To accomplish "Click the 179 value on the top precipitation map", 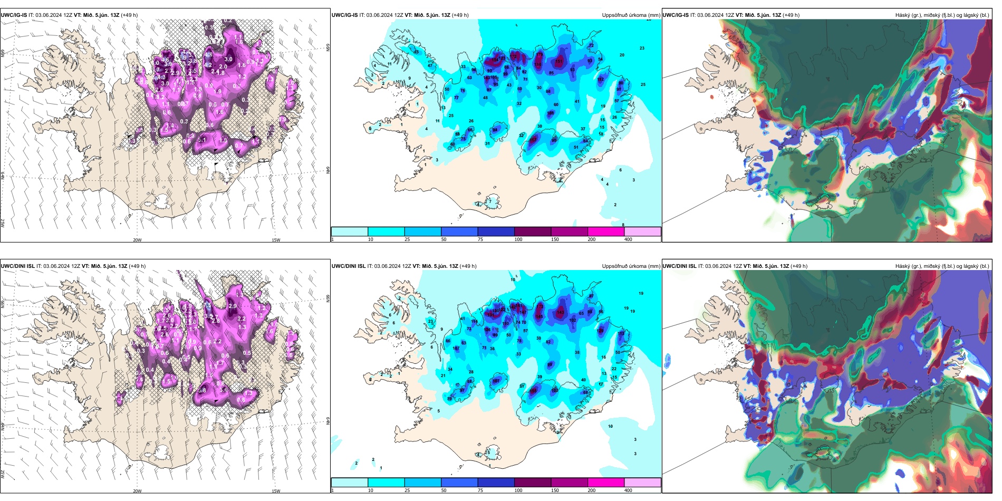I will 539,54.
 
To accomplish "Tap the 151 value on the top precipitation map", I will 559,62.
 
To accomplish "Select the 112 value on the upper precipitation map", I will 600,79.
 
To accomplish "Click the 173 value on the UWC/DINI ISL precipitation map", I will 539,306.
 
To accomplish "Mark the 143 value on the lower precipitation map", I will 560,312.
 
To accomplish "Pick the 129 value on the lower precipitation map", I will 600,331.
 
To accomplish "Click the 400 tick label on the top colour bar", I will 628,239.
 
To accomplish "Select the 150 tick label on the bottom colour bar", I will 555,490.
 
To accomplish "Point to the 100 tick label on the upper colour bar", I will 518,239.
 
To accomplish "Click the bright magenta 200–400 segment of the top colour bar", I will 606,232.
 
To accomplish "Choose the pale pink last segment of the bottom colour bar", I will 642,483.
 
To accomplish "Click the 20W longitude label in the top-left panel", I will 137,240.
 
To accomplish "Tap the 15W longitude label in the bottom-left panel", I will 276,491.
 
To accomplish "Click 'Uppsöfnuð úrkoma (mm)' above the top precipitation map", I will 631,15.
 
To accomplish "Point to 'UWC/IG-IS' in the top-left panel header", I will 14,15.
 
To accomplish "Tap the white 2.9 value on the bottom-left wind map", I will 232,306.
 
